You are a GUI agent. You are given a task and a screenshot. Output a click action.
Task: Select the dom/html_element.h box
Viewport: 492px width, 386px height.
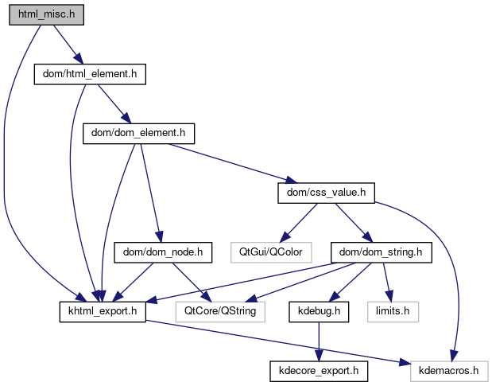tap(90, 74)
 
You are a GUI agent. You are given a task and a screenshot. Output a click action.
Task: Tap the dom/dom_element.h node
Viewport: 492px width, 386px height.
tap(139, 132)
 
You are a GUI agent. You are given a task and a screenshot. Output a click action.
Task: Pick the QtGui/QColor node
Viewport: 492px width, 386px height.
tap(271, 252)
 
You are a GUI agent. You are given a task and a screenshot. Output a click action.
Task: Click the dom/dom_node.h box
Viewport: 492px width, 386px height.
tap(163, 252)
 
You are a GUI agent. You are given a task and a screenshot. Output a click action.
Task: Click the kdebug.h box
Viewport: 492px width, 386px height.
tap(319, 311)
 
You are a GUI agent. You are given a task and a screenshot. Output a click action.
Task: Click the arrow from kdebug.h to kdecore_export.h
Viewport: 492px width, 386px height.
tap(319, 340)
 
